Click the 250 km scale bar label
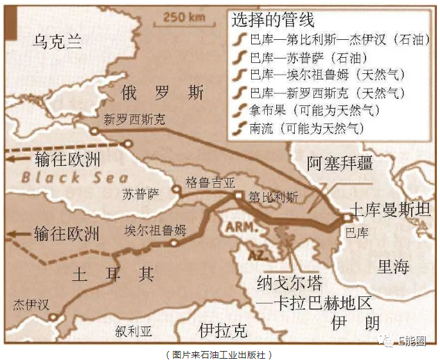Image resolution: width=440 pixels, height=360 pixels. [180, 17]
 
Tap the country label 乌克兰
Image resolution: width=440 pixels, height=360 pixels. [58, 42]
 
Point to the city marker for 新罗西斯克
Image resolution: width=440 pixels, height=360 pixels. [94, 130]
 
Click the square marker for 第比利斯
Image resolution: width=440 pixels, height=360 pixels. [238, 195]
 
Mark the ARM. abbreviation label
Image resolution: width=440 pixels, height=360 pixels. [239, 226]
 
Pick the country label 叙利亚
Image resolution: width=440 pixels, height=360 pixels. [134, 332]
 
